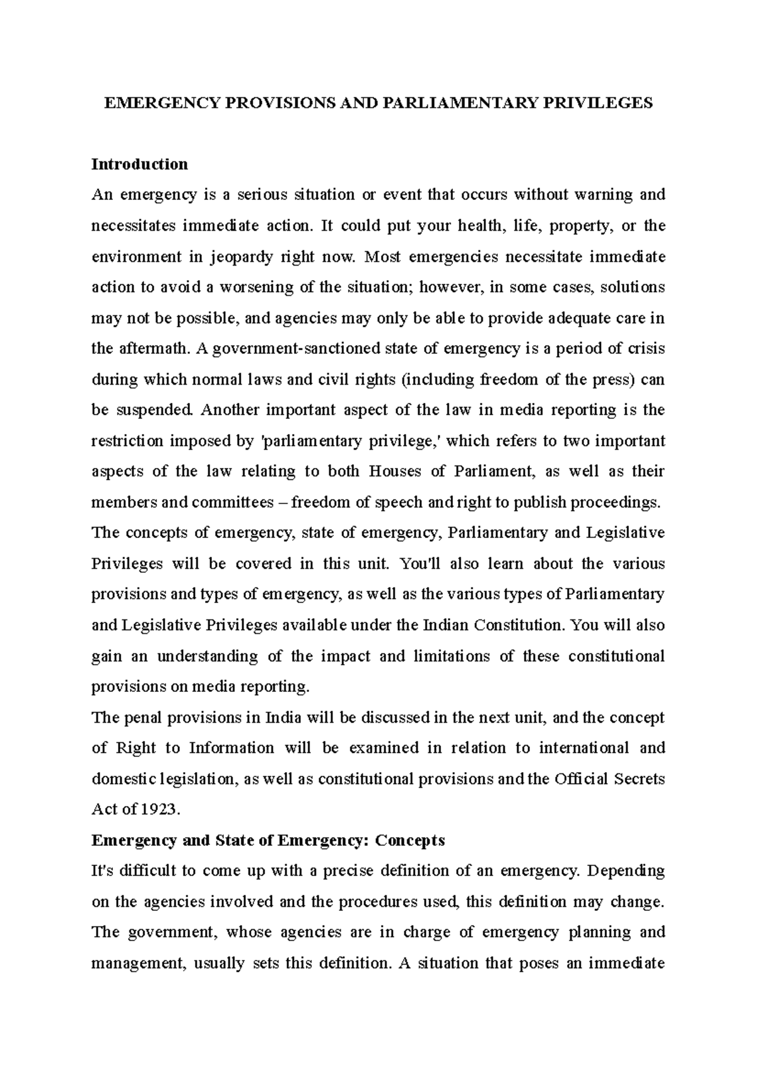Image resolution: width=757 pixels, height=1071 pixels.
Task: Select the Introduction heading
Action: point(140,165)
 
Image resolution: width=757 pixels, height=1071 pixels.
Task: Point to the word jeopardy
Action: point(241,257)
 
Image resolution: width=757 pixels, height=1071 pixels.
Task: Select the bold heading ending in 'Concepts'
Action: point(269,841)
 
